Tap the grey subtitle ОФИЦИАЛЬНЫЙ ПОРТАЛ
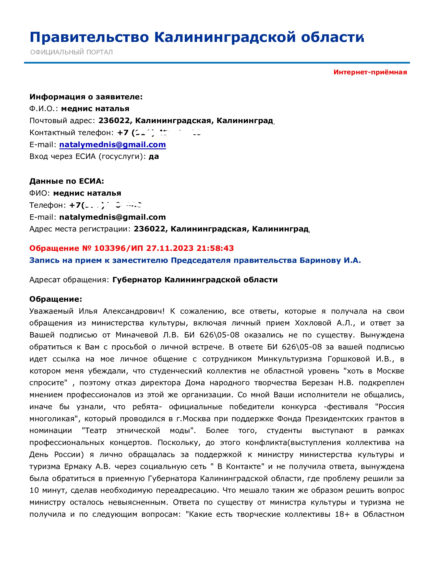(x=71, y=52)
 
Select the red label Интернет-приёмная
(x=370, y=72)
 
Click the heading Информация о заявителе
(x=86, y=97)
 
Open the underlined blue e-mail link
(x=112, y=145)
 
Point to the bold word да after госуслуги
(x=154, y=156)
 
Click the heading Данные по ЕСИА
(x=67, y=181)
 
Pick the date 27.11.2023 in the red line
(x=170, y=248)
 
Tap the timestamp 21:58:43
(x=215, y=248)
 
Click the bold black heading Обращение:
(x=56, y=299)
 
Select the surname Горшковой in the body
(x=349, y=359)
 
